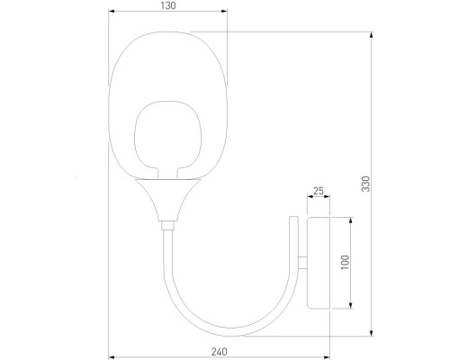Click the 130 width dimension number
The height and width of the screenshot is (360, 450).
pyautogui.click(x=168, y=5)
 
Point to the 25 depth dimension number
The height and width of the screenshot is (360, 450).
pyautogui.click(x=318, y=191)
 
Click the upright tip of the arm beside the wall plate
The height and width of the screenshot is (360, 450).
pyautogui.click(x=292, y=219)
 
